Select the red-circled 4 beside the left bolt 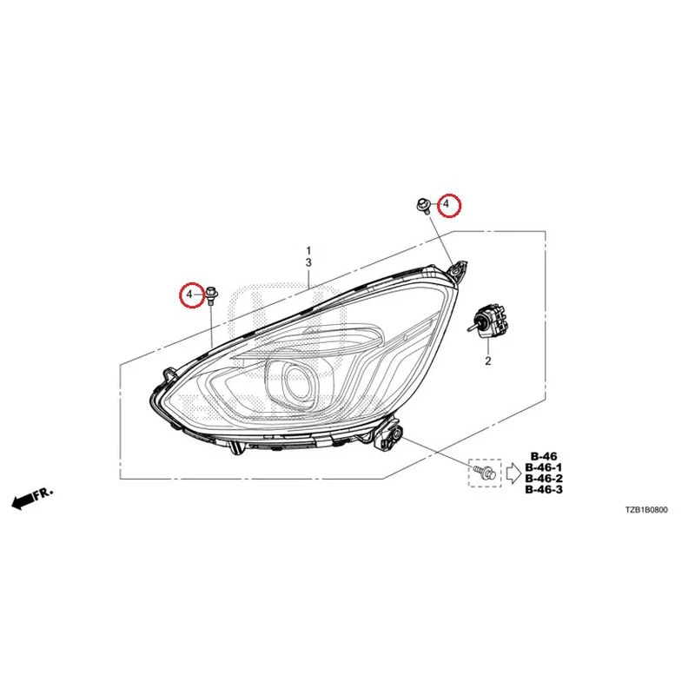pyautogui.click(x=190, y=295)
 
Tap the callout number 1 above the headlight pyautogui.click(x=308, y=252)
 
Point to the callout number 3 pyautogui.click(x=308, y=263)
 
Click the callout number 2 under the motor pyautogui.click(x=488, y=361)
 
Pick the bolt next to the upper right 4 pyautogui.click(x=421, y=206)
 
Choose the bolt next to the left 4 pyautogui.click(x=211, y=295)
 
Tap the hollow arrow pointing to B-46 pyautogui.click(x=513, y=473)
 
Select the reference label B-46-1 pyautogui.click(x=544, y=467)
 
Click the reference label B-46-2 pyautogui.click(x=544, y=479)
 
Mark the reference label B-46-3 pyautogui.click(x=544, y=490)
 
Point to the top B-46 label pyautogui.click(x=544, y=456)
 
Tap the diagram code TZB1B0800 pyautogui.click(x=645, y=510)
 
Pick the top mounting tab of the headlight pyautogui.click(x=458, y=270)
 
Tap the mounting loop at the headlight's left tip pyautogui.click(x=169, y=374)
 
